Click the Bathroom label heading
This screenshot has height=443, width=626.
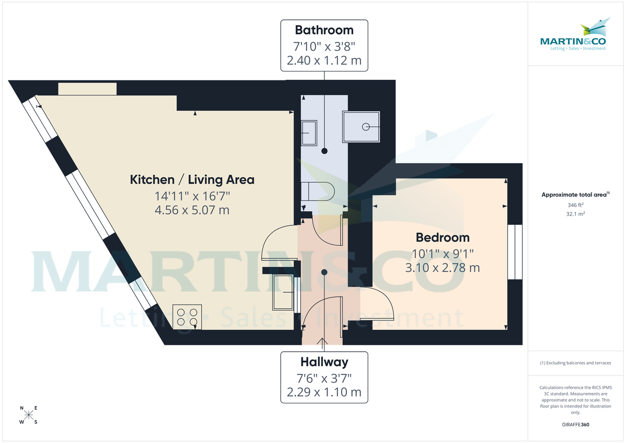click(324, 30)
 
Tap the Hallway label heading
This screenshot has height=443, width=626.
click(324, 361)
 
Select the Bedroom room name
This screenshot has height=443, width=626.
click(442, 237)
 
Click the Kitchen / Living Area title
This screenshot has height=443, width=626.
click(192, 180)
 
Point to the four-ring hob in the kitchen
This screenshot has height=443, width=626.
click(187, 317)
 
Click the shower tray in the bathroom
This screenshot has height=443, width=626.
click(362, 126)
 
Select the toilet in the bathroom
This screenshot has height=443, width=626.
click(317, 191)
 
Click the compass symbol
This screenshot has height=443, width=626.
click(29, 415)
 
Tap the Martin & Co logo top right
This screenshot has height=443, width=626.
click(573, 37)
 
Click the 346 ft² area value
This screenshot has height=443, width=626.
click(575, 205)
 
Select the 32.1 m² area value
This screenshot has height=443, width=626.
click(575, 214)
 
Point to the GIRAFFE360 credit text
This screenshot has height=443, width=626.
click(575, 425)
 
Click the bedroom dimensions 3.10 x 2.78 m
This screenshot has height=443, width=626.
click(442, 268)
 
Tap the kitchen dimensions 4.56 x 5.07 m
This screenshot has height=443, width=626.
click(192, 211)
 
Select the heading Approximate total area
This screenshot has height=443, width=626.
click(574, 195)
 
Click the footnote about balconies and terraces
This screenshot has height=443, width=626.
click(575, 363)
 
